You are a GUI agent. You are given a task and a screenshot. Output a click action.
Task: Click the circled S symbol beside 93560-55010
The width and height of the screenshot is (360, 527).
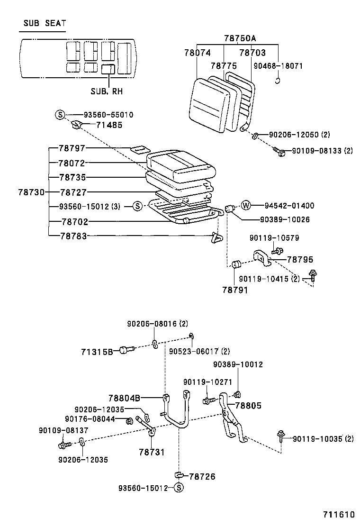point(60,115)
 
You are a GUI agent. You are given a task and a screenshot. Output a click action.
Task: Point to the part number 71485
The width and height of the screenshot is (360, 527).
point(109,125)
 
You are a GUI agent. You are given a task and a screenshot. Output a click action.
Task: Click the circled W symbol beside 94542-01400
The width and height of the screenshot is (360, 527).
point(246,206)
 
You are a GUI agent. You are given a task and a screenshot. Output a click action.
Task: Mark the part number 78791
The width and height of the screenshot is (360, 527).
point(235,289)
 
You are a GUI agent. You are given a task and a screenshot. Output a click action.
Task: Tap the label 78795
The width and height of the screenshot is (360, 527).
point(300,260)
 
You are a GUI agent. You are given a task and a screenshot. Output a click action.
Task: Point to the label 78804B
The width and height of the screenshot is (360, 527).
point(124,398)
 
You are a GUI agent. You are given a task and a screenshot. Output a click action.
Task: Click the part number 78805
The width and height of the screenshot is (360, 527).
point(248,405)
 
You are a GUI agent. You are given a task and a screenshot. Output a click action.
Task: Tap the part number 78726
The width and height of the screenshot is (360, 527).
point(202,476)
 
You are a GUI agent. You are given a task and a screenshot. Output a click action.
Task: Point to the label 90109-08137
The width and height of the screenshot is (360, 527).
point(63,430)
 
